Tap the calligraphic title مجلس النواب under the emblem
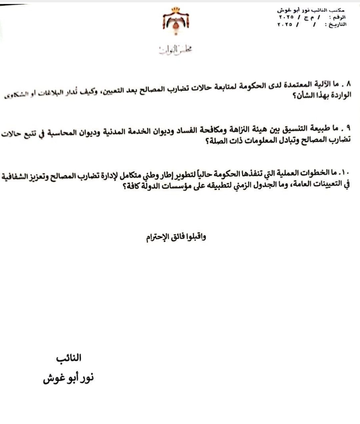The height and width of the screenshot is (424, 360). (x=176, y=50)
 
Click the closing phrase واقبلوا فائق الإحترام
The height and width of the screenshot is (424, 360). (x=176, y=237)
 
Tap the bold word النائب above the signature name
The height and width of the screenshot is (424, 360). (x=69, y=358)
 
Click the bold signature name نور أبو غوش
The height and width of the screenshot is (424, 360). (x=68, y=378)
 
